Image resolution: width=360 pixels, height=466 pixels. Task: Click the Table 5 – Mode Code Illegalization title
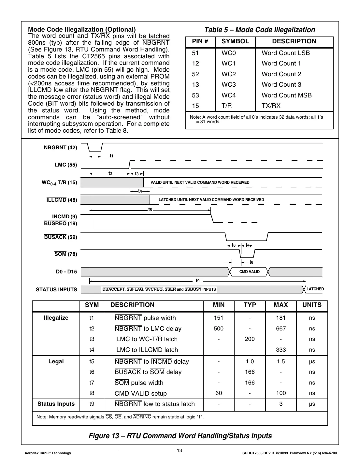[259, 30]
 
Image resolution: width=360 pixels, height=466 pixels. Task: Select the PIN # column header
[200, 41]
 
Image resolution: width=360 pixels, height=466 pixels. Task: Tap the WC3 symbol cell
[228, 85]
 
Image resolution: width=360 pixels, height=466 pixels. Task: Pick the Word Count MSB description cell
[286, 95]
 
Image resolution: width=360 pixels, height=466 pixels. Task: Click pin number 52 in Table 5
[195, 74]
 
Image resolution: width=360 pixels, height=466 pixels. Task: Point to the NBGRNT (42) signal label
[60, 148]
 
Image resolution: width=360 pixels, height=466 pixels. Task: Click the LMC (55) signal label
[66, 165]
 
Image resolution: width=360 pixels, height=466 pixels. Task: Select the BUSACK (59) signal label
[61, 237]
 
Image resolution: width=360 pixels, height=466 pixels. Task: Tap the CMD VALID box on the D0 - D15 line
[249, 272]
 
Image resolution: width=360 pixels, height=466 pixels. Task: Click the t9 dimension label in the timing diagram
[197, 281]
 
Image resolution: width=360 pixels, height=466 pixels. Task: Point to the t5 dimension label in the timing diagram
[150, 210]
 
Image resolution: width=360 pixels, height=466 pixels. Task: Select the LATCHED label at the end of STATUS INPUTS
[315, 289]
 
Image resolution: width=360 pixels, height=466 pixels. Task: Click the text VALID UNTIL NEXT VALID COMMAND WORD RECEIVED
[200, 182]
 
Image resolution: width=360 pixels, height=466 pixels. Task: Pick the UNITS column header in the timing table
[312, 305]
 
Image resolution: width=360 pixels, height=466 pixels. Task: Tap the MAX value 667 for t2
[281, 329]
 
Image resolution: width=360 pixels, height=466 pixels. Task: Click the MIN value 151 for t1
[219, 318]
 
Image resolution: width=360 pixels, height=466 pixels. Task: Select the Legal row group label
[56, 362]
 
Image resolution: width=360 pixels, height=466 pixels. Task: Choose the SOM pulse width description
[139, 383]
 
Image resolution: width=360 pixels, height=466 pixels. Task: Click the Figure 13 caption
[180, 436]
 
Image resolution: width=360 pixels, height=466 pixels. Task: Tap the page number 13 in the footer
[180, 451]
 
